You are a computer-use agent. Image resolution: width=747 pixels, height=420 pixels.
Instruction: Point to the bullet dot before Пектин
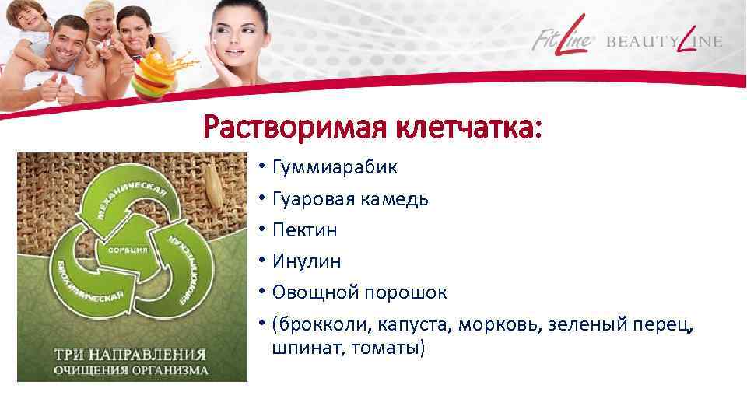tap(264, 230)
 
